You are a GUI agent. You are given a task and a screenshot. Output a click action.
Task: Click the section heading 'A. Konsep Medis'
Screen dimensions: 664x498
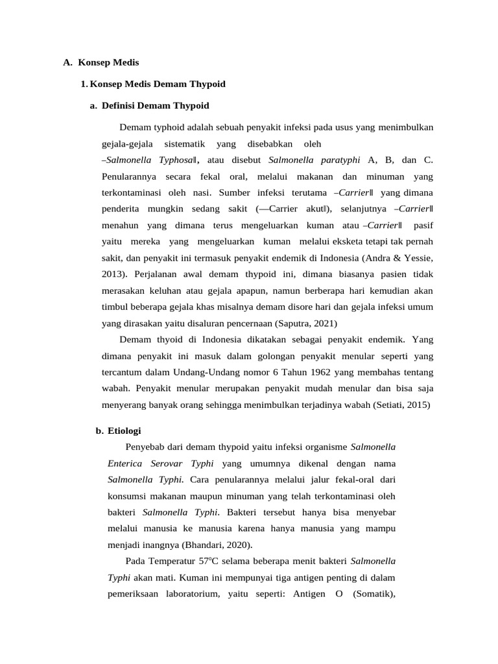coord(101,63)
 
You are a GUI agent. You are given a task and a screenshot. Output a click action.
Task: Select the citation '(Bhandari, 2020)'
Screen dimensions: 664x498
coord(217,545)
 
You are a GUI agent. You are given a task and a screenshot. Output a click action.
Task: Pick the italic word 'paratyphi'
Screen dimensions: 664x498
coord(338,160)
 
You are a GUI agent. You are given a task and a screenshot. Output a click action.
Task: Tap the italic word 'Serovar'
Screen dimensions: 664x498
coord(167,464)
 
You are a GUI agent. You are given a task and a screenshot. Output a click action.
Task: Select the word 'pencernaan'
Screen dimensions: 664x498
coord(243,323)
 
